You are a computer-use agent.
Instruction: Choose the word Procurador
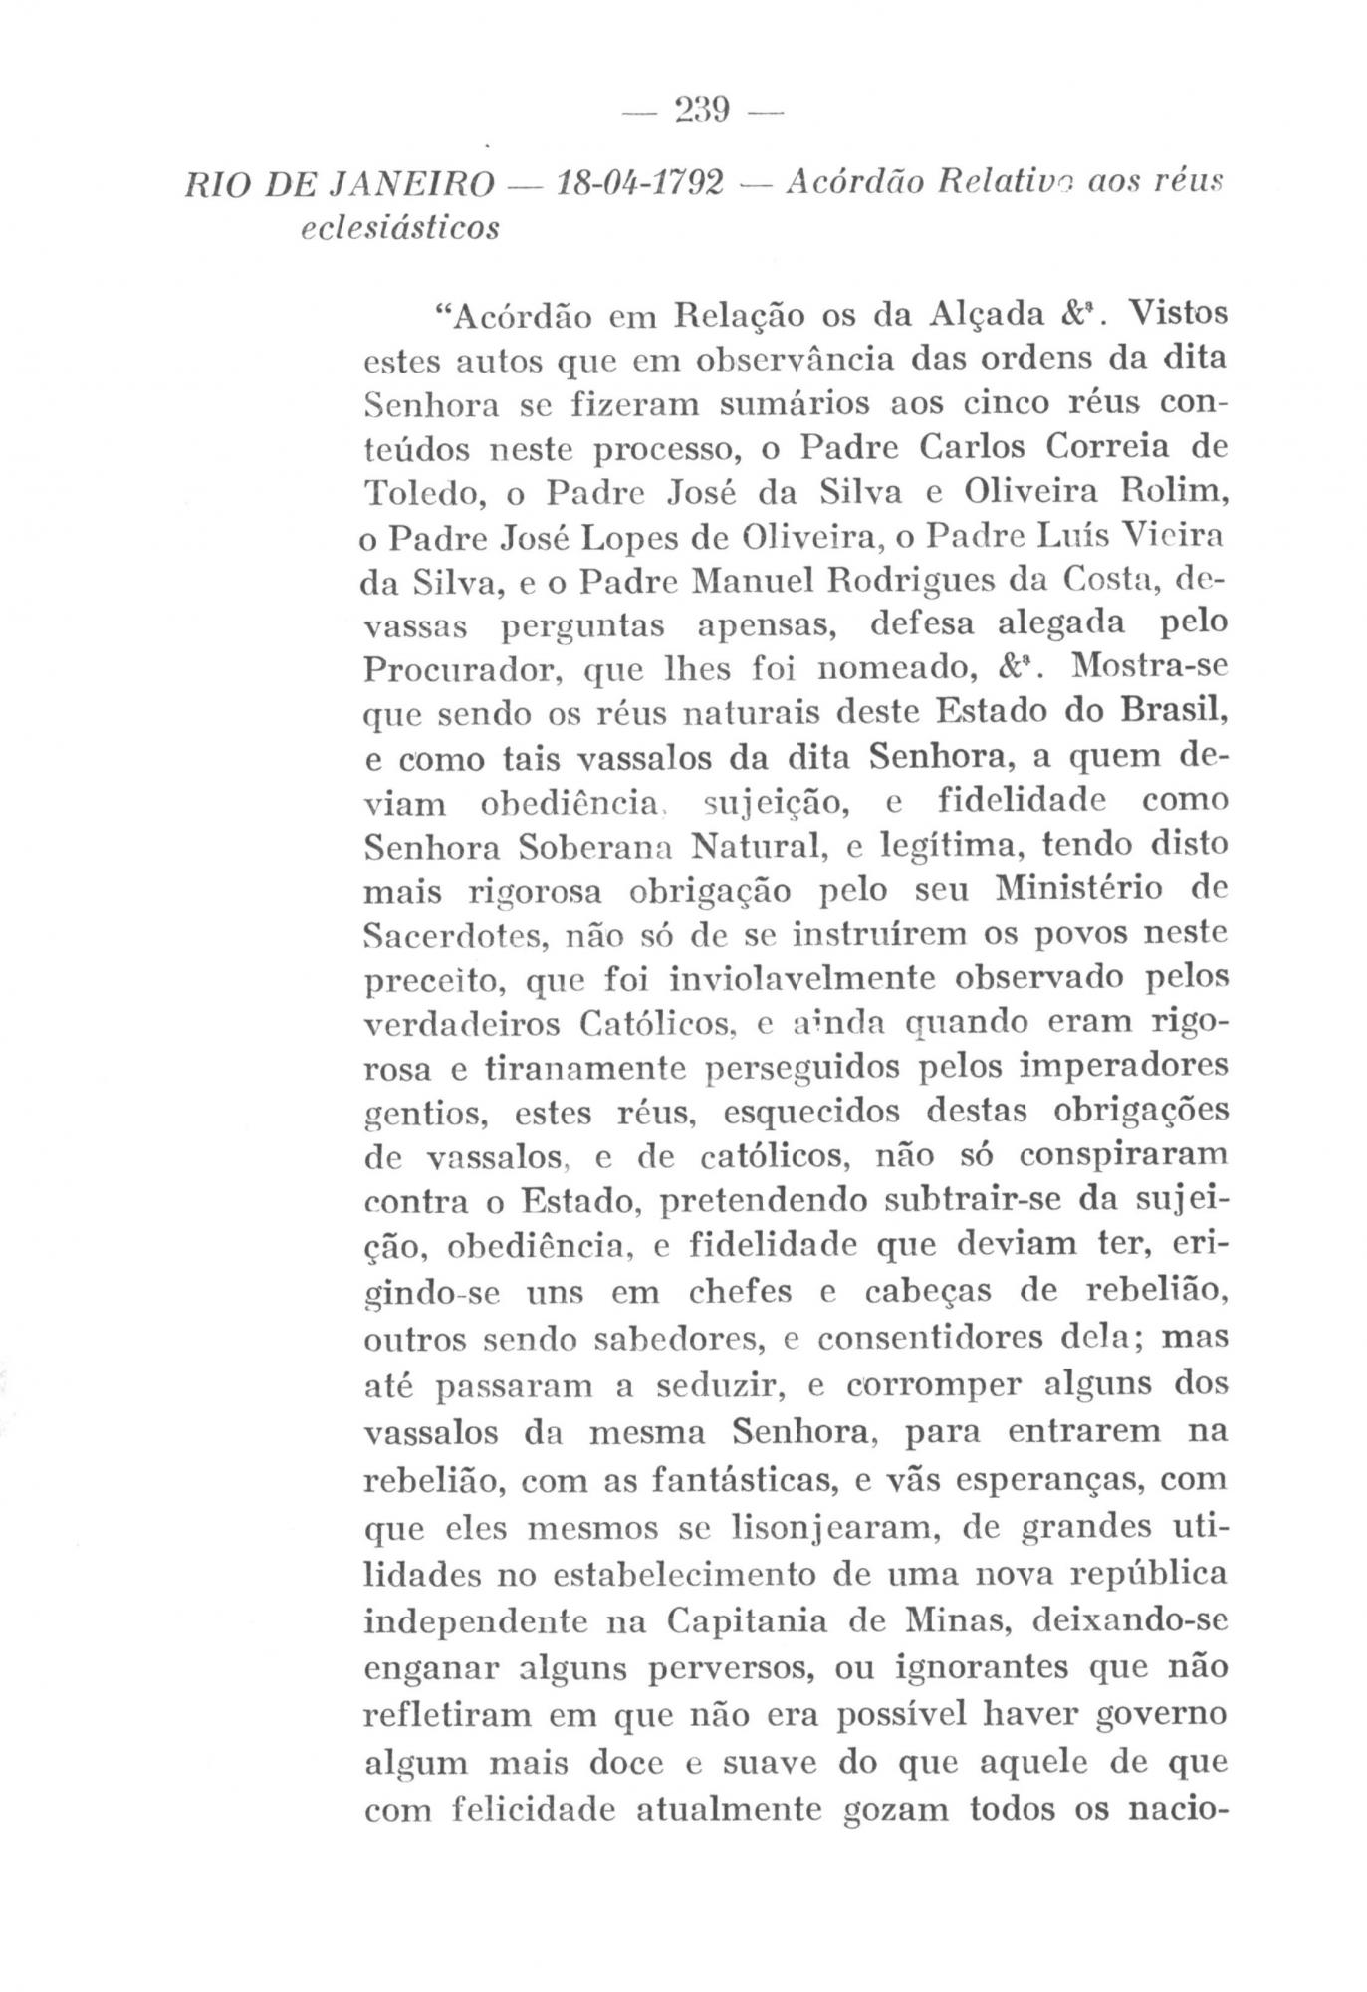pyautogui.click(x=460, y=670)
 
